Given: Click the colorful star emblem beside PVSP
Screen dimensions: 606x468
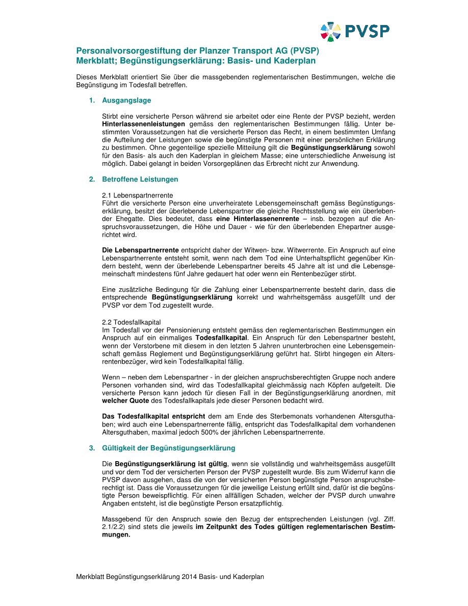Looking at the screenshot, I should coord(330,32).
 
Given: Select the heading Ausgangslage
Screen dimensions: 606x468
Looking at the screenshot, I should coord(126,100).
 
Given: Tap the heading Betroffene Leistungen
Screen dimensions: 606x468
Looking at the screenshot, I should coord(140,180).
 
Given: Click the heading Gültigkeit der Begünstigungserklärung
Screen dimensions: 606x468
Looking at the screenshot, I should coord(168,448).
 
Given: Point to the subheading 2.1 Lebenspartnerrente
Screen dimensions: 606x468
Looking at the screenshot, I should coord(138,195).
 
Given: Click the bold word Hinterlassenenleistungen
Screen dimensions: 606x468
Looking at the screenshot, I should coord(144,124).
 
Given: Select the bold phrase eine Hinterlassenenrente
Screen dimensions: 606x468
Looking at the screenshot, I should coord(256,218).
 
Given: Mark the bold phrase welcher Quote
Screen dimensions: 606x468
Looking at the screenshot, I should coord(125,401).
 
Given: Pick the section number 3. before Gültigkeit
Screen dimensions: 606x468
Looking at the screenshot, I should coord(92,448).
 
